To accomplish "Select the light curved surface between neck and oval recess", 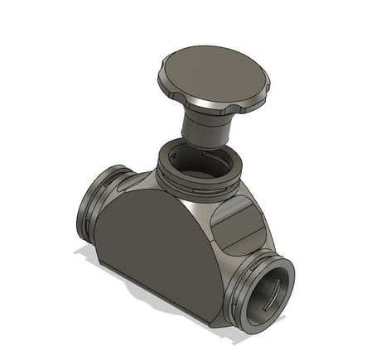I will tap(207, 211).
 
